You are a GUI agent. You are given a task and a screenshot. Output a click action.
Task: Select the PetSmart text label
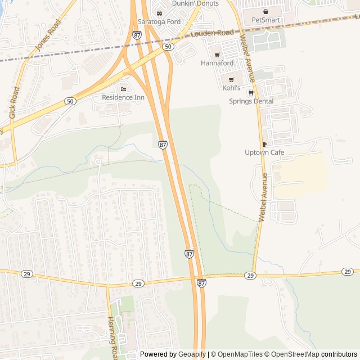265,20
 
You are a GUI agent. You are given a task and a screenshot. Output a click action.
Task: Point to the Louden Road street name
212,33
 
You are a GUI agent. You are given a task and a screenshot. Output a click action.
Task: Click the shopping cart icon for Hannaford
217,55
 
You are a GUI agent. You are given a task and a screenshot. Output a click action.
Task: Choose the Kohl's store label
231,88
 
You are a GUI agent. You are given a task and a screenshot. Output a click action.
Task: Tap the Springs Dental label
251,101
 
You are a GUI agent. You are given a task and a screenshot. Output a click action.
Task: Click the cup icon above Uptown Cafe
264,144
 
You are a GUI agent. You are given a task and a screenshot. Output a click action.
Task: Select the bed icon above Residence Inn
123,89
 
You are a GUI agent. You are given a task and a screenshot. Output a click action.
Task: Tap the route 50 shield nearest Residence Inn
70,101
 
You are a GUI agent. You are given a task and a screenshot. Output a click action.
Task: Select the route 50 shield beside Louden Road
168,47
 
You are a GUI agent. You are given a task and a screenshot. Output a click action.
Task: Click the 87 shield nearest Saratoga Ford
137,35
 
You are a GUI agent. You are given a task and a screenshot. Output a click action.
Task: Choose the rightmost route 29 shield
347,272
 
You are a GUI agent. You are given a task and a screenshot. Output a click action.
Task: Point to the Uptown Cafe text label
264,152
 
